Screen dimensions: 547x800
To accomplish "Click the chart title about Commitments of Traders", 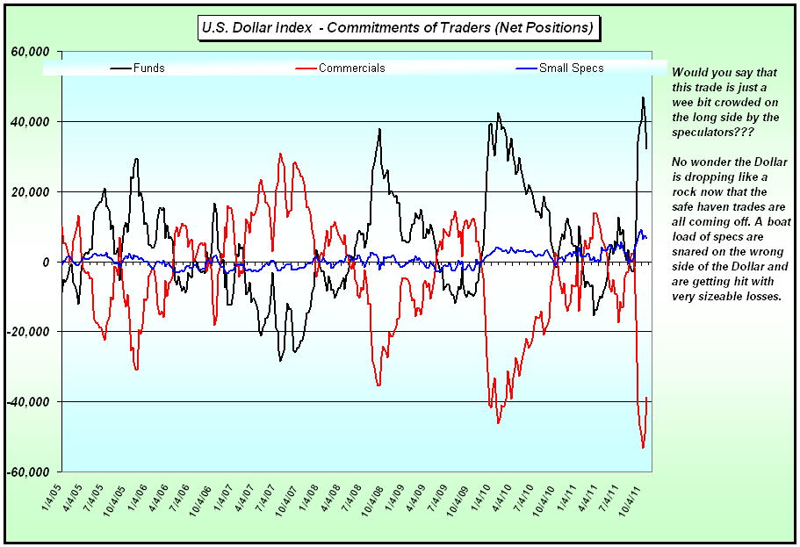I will (398, 28).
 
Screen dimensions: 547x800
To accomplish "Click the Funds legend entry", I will (148, 68).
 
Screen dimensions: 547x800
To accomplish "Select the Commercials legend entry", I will (351, 68).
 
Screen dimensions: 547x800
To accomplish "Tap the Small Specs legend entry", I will (571, 68).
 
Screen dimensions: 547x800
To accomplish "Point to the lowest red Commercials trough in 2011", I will (643, 448).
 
